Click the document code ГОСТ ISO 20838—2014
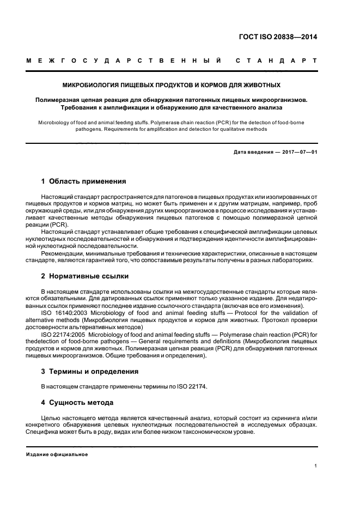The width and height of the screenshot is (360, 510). click(x=277, y=38)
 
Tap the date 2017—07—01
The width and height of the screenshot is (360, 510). click(x=298, y=152)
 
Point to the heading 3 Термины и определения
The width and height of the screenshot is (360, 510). click(x=90, y=371)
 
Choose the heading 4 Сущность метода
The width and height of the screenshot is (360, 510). click(x=77, y=403)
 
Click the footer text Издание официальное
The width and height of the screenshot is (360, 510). click(x=57, y=454)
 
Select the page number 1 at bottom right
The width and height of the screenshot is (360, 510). click(x=315, y=466)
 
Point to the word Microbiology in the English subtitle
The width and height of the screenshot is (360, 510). click(x=56, y=122)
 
